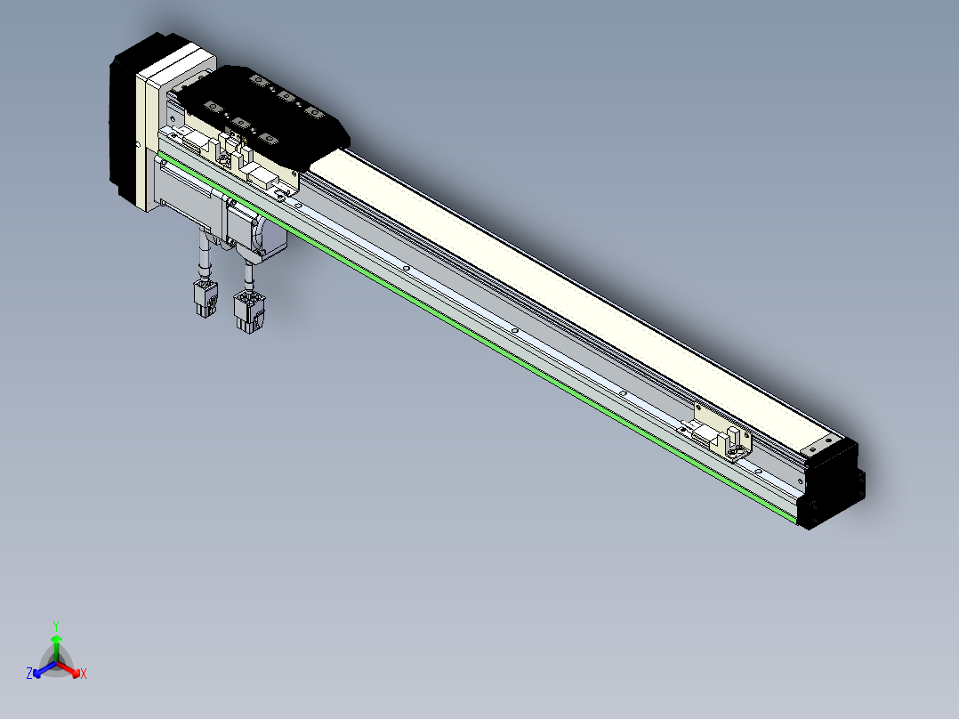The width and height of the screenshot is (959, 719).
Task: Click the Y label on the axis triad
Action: click(56, 626)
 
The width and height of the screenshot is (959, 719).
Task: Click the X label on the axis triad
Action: click(84, 674)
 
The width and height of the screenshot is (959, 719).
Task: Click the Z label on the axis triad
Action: click(28, 673)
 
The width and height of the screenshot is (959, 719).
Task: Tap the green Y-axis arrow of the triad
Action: click(56, 648)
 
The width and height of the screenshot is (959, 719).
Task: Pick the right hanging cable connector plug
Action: click(249, 311)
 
